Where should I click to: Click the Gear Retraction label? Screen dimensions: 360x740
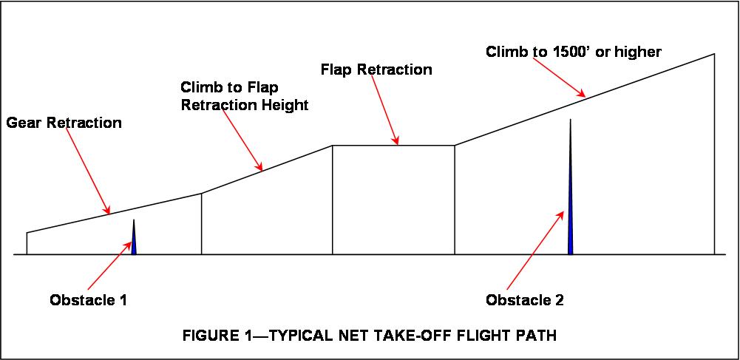click(64, 123)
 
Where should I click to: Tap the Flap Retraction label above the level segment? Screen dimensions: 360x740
click(376, 70)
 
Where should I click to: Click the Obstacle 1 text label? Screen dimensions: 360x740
click(89, 301)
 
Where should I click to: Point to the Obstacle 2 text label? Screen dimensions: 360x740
click(525, 301)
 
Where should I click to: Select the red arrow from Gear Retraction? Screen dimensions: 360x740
click(92, 173)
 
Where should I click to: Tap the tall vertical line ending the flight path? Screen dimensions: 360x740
click(714, 155)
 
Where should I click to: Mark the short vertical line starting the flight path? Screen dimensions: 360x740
click(27, 244)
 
